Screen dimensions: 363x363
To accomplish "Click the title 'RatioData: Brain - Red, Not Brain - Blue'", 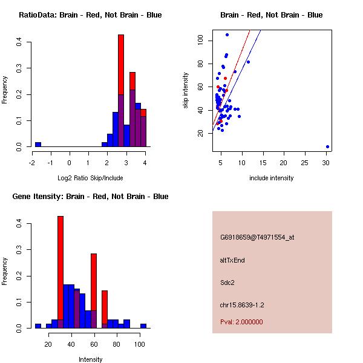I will (90, 15).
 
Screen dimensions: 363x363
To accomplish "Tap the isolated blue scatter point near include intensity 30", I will (327, 146).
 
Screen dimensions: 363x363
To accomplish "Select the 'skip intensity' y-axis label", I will (186, 91).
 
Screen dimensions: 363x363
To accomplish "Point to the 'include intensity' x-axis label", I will (272, 178).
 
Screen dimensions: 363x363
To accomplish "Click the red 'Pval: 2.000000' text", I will (241, 322).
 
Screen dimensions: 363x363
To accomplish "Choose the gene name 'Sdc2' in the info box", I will (227, 282).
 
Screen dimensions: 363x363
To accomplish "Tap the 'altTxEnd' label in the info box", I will (232, 260).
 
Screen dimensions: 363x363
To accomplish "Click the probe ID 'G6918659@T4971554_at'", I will (257, 237).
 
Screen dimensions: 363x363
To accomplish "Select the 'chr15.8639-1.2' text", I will (242, 305).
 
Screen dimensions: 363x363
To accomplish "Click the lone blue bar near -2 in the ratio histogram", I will (38, 145).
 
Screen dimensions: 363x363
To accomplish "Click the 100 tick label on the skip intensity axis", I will (200, 41).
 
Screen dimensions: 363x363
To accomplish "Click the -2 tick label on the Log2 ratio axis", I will (32, 163).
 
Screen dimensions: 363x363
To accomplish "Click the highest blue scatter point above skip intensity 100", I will (227, 34).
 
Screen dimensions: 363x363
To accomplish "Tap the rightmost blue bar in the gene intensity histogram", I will (143, 325).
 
